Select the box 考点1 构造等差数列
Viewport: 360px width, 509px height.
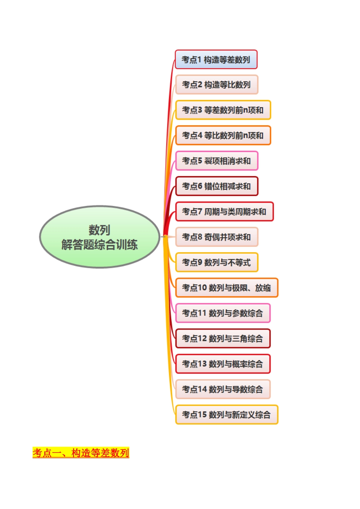click(216, 59)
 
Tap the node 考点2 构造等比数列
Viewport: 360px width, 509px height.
click(216, 85)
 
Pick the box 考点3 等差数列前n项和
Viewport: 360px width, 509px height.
click(223, 110)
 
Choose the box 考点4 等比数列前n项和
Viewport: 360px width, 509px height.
click(223, 136)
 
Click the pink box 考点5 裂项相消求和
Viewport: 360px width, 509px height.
click(216, 161)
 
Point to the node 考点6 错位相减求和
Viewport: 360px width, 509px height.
click(216, 186)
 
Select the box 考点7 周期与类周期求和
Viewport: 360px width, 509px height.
click(224, 212)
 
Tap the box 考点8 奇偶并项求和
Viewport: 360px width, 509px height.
click(216, 237)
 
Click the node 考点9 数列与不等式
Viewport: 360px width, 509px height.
click(216, 262)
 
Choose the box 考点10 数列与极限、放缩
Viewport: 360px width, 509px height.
click(227, 288)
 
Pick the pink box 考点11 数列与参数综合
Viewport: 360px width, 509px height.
click(222, 313)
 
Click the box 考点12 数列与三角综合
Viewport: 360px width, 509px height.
click(222, 339)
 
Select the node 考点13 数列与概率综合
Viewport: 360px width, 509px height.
click(222, 364)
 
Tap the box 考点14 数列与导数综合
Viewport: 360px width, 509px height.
click(222, 389)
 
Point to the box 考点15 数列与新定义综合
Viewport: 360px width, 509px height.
click(227, 415)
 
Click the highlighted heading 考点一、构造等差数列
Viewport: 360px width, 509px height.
click(81, 453)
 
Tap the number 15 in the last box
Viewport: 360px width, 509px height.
click(202, 415)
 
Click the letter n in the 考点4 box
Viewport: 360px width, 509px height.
click(245, 136)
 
